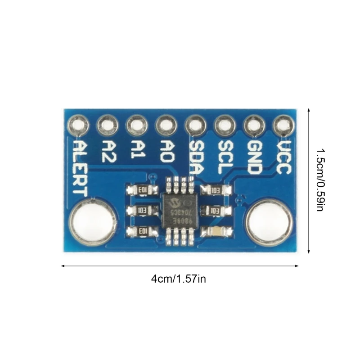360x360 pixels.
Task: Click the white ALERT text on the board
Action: point(80,167)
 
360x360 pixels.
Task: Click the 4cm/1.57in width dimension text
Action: point(179,279)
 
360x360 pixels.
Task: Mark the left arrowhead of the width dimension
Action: point(63,265)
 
